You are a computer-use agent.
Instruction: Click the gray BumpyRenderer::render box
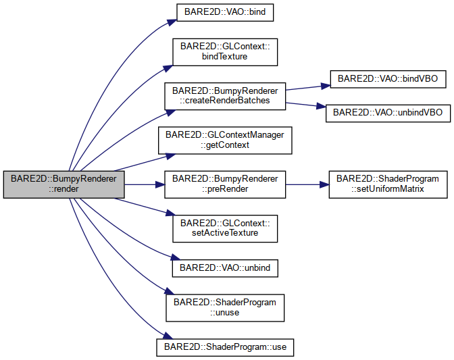[64, 184]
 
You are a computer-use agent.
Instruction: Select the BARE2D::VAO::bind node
[225, 13]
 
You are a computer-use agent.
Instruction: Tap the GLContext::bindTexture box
[225, 52]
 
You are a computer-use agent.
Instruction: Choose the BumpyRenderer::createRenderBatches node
[225, 95]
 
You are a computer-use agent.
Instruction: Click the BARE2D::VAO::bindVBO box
[388, 79]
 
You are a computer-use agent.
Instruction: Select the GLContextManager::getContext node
[225, 140]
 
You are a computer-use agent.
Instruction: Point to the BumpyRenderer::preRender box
[225, 184]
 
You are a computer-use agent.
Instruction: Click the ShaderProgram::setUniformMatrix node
[388, 184]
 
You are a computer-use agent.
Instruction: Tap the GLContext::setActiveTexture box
[225, 229]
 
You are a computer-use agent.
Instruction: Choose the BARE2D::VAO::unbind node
[225, 268]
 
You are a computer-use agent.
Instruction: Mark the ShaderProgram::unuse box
[225, 307]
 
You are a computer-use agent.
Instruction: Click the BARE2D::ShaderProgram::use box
[225, 346]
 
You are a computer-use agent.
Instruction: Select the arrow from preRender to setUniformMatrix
[307, 184]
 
